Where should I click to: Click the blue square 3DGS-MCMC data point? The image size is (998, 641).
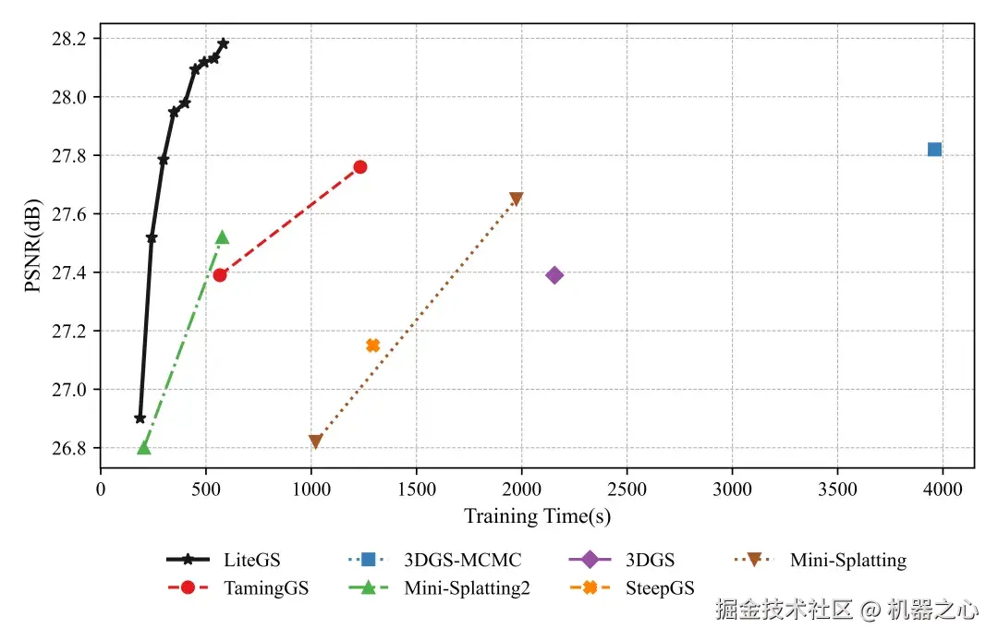[x=934, y=150]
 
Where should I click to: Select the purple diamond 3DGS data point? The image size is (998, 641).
[x=554, y=275]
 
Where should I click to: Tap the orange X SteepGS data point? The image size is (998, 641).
[x=372, y=345]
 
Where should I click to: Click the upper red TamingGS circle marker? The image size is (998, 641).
[x=360, y=167]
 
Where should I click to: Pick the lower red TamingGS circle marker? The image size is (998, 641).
[x=220, y=275]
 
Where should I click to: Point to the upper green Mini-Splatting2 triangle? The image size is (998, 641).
[x=222, y=237]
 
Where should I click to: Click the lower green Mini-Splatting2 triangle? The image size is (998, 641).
[x=143, y=448]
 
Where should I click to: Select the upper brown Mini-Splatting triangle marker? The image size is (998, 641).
[x=516, y=200]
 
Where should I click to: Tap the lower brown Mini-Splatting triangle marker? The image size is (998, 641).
[x=315, y=442]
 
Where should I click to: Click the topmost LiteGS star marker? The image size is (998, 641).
[x=223, y=43]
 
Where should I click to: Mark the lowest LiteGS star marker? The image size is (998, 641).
[x=140, y=418]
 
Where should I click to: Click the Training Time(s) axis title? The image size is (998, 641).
[x=537, y=517]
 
